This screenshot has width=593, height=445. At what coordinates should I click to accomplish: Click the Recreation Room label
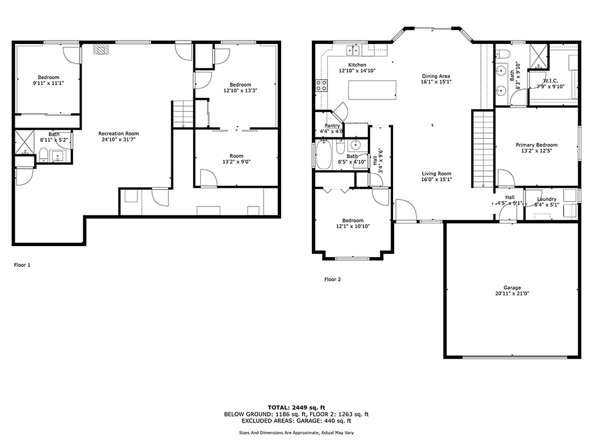point(119,133)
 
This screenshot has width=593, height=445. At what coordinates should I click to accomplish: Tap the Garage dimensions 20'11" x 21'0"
point(512,294)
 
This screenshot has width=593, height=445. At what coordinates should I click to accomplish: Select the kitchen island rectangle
point(372,90)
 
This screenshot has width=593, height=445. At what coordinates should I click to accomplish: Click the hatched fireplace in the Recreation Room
point(101,49)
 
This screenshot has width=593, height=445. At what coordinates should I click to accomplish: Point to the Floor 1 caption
point(22,265)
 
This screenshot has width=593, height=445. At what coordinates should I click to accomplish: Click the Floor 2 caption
point(332,279)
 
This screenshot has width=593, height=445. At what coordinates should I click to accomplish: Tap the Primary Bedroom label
point(536,145)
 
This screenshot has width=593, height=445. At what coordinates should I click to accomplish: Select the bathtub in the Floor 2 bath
point(324,155)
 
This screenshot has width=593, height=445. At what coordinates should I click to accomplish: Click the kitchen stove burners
point(322,85)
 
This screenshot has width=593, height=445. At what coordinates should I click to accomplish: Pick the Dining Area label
point(436,76)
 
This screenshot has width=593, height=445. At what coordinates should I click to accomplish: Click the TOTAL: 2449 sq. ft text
point(296,408)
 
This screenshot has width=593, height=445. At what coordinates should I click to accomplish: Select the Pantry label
point(332,126)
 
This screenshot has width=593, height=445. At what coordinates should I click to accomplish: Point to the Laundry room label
point(547,199)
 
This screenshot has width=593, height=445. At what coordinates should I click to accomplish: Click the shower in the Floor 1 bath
point(24,142)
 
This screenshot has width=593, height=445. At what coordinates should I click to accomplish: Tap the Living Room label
point(436,174)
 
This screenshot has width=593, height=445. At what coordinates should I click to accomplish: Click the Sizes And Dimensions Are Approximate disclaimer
point(296,433)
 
